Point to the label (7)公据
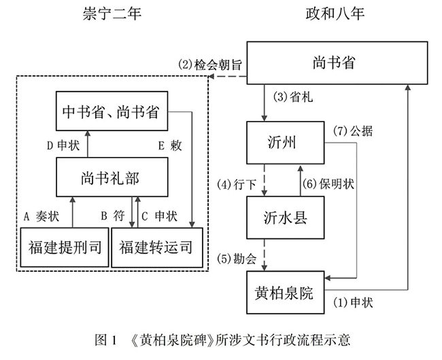pos(354,130)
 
